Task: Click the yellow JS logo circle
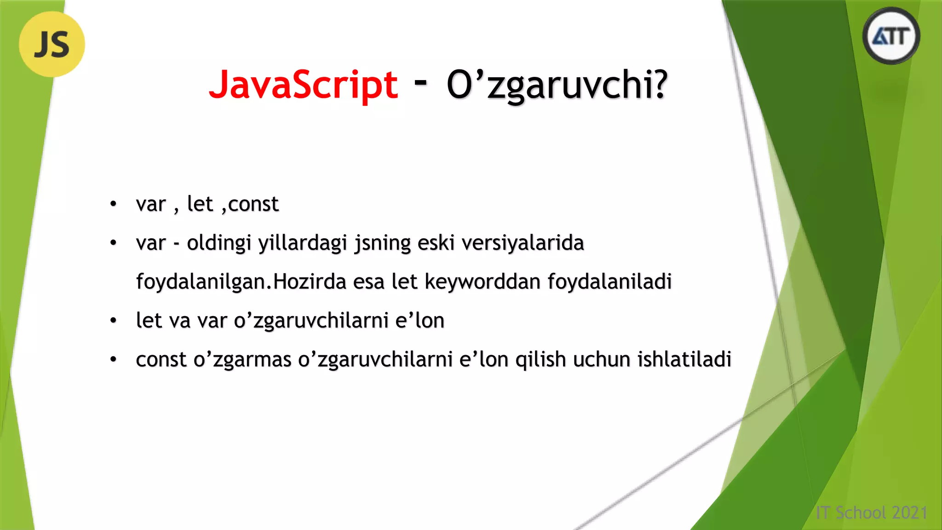[x=52, y=44]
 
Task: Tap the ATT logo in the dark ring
[x=891, y=36]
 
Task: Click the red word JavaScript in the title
[x=303, y=85]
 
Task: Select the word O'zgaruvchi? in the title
[x=557, y=86]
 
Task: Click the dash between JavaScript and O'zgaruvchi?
[x=420, y=82]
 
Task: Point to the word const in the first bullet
[x=253, y=204]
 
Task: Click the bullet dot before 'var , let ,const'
[x=113, y=204]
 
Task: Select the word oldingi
[x=219, y=243]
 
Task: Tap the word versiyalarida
[x=523, y=243]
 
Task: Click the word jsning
[x=382, y=243]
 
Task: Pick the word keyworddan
[x=482, y=282]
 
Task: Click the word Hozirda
[x=310, y=282]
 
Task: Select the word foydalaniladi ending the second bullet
[x=609, y=282]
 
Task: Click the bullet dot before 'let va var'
[x=113, y=321]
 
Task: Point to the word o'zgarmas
[x=242, y=359]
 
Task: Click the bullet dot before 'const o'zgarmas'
[x=113, y=359]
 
